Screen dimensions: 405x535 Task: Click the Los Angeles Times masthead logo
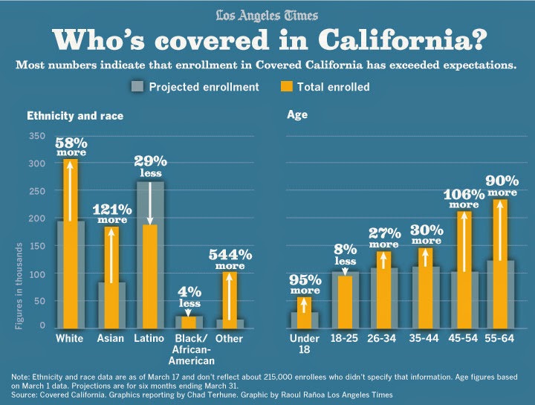(267, 15)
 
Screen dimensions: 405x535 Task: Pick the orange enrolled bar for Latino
(150, 275)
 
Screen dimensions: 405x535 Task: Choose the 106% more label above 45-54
(464, 198)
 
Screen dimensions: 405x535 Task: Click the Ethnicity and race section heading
(75, 116)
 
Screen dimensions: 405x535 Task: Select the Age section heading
(297, 115)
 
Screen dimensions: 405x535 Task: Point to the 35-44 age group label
(424, 338)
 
